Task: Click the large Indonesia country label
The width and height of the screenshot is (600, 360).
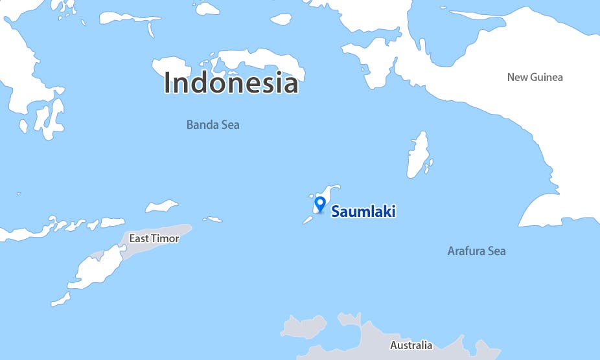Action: point(231,83)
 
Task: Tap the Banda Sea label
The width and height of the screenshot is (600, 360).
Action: point(213,124)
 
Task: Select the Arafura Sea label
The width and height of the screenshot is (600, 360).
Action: point(476,251)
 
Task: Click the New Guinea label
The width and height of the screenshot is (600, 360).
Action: point(535,77)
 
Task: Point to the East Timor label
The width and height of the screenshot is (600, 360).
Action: point(154,238)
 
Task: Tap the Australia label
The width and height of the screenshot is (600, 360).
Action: point(411,345)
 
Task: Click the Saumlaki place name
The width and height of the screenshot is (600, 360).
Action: point(363,211)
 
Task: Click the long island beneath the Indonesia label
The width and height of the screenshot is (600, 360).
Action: point(259,62)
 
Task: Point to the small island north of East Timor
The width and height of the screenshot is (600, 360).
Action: point(161,207)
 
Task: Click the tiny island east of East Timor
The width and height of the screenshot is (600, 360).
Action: point(213,219)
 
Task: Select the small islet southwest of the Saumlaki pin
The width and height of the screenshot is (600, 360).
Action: point(308,220)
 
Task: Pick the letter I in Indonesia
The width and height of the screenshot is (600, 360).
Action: point(168,83)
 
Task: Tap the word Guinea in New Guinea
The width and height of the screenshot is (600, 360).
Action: point(548,77)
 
